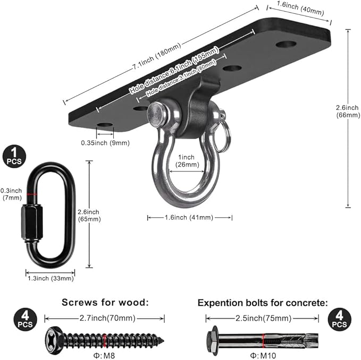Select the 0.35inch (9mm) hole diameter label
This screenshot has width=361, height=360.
(105, 142)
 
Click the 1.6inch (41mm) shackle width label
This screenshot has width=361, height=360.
(189, 217)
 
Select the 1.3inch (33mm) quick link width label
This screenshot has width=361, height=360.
(51, 278)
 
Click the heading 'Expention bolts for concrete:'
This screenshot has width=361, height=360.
(263, 303)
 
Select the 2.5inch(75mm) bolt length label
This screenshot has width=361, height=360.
(263, 318)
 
